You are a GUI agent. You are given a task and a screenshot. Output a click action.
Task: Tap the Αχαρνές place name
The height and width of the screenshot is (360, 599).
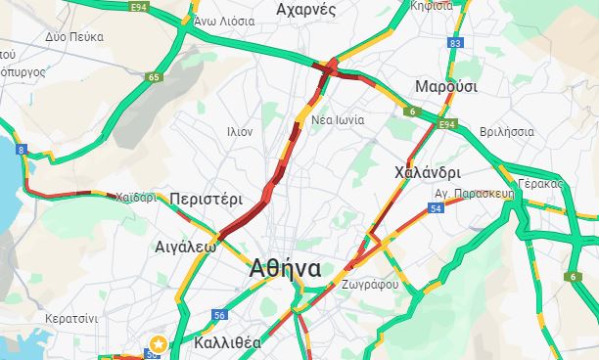point(307,10)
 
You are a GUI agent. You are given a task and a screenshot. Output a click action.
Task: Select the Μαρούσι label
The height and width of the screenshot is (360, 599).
point(445,87)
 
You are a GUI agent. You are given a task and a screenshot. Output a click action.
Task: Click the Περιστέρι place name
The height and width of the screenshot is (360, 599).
point(206,199)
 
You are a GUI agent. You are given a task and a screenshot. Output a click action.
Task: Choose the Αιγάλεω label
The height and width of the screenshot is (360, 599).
point(185,247)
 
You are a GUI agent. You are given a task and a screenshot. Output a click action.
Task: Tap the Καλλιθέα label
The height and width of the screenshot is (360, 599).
point(227,342)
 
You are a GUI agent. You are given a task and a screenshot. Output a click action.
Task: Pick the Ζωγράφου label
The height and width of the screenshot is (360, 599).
point(371,284)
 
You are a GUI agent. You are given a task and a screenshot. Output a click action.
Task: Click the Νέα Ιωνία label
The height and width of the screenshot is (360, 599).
point(338,120)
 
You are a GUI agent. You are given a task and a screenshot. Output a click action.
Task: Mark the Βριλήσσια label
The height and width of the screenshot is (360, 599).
point(507,132)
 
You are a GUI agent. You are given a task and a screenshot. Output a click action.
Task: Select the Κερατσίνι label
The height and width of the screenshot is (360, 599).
point(71,318)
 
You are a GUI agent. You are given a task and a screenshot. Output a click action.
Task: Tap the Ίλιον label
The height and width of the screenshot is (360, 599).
point(240,130)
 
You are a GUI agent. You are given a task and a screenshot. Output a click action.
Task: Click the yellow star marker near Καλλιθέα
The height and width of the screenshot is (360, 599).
point(158,343)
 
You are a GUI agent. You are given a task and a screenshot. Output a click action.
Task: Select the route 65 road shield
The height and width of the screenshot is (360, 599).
point(154,77)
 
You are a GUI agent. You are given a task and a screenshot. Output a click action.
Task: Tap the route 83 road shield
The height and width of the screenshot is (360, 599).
point(454,43)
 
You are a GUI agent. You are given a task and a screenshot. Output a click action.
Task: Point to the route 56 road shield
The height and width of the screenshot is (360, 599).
point(219,315)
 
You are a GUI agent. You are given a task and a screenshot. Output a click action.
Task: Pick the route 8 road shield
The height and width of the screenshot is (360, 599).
point(21,149)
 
